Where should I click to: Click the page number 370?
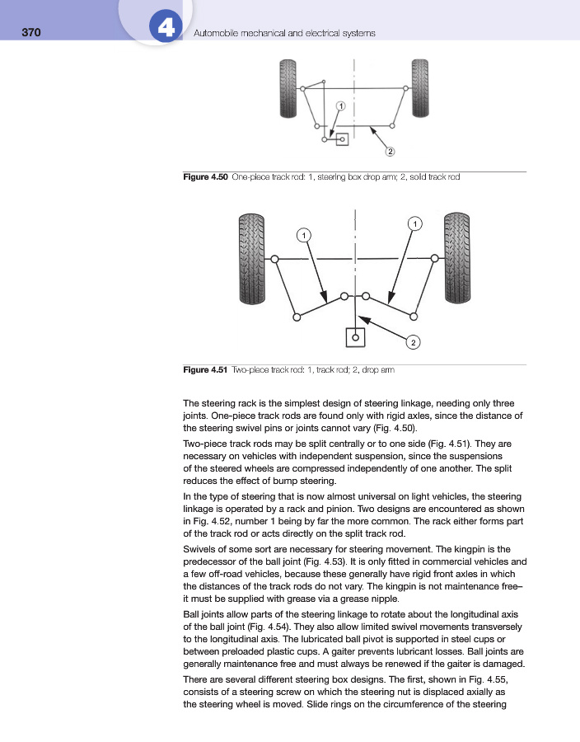[31, 33]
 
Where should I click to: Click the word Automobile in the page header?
[217, 33]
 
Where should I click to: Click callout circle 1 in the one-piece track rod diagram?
[340, 106]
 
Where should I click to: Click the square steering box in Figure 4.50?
[342, 139]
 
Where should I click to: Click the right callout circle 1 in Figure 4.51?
[415, 223]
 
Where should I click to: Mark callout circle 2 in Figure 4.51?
[414, 340]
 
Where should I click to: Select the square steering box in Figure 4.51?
[355, 336]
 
